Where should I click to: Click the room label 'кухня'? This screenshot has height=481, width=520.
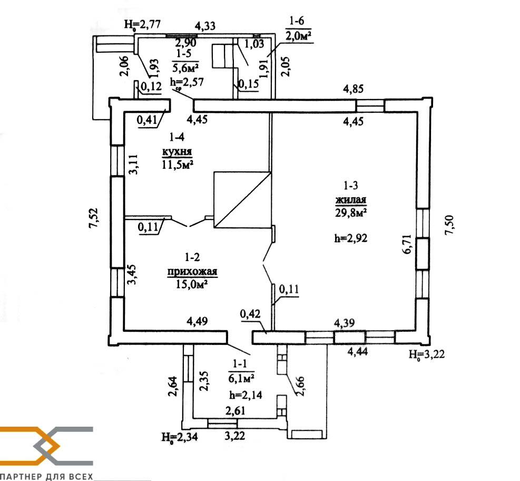(177, 152)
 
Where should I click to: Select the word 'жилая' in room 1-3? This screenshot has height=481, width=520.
(350, 200)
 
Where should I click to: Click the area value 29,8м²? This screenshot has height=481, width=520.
(350, 212)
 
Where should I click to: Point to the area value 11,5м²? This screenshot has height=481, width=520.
(177, 165)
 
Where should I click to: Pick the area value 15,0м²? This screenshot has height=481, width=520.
(191, 284)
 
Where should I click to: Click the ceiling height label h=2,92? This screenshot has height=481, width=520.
(350, 238)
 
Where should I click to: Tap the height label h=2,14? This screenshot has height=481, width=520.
(242, 395)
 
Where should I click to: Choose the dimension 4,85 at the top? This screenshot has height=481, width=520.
(354, 89)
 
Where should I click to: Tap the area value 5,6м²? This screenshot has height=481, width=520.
(185, 67)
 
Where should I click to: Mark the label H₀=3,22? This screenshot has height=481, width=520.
(427, 354)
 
